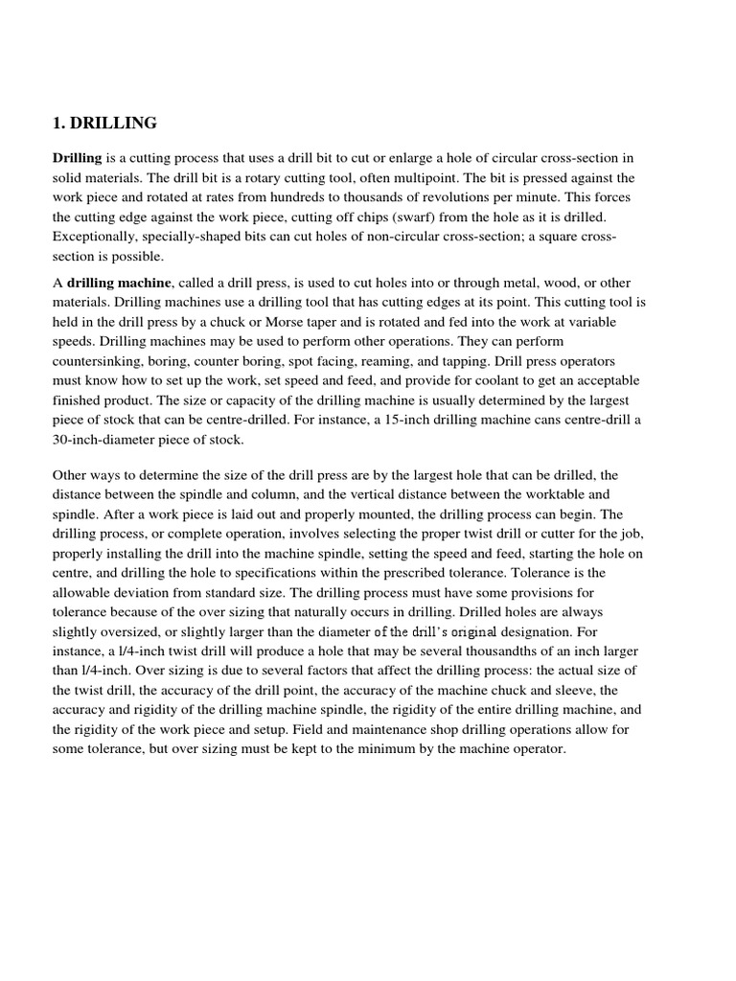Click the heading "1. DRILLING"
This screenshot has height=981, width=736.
104,123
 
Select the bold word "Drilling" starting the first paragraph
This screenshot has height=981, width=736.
77,158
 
